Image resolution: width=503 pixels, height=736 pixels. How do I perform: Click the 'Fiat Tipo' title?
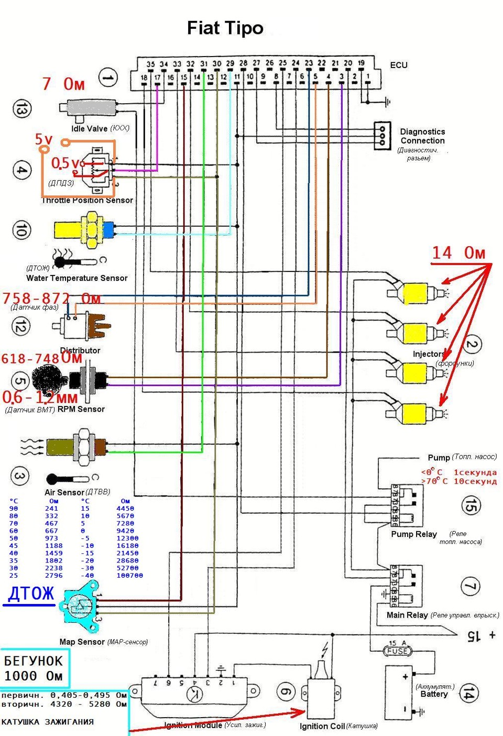tap(225, 28)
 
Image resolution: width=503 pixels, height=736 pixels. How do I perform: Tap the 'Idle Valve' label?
tap(90, 128)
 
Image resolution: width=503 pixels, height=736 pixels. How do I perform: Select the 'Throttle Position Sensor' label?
tap(88, 200)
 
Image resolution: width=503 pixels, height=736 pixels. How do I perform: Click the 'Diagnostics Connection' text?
tap(422, 136)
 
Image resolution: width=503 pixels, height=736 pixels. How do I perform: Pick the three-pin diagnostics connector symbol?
tap(382, 136)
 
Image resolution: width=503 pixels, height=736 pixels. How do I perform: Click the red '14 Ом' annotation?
tap(458, 253)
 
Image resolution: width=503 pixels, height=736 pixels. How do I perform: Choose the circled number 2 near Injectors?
tap(472, 344)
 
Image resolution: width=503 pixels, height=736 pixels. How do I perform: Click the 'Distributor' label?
tap(80, 350)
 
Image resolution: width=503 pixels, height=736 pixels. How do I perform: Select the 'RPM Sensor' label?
tap(81, 409)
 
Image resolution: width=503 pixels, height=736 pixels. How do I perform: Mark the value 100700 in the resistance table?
tap(129, 575)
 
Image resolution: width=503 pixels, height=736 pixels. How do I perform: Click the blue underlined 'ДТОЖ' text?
tap(31, 594)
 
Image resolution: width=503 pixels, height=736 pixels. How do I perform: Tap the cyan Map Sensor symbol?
tap(79, 607)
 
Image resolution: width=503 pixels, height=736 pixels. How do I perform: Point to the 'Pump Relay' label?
tap(413, 534)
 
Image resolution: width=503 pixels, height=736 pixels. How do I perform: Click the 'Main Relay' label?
tap(407, 615)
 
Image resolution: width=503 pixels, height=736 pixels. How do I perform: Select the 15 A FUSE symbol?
tap(398, 651)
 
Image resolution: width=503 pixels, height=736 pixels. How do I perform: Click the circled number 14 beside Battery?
tap(468, 694)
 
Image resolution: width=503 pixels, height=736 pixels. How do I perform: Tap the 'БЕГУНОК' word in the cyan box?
tap(33, 661)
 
